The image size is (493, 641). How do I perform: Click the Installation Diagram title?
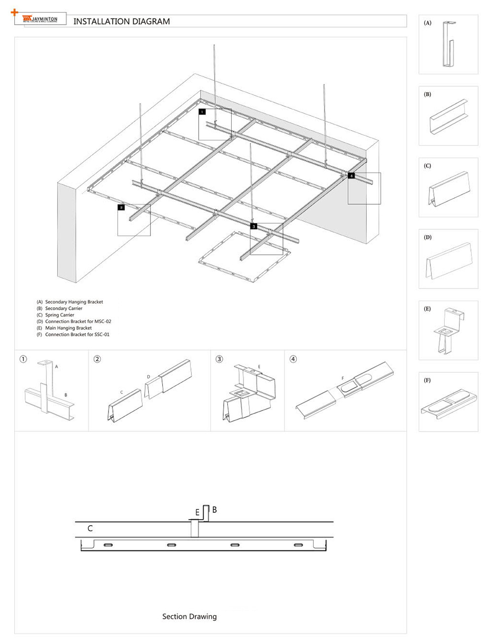121,22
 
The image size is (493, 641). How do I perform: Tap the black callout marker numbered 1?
202,112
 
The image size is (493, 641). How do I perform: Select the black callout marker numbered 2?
121,208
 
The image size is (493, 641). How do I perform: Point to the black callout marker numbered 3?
254,226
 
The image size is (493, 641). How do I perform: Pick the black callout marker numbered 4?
351,176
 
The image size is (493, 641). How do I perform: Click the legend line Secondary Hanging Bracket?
70,302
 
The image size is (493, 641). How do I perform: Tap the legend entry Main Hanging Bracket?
65,328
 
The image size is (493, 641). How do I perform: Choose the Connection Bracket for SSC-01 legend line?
73,334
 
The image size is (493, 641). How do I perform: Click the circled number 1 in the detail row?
23,359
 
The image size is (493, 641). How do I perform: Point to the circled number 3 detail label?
219,359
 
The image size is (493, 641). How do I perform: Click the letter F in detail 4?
343,379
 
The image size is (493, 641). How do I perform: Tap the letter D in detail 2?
148,377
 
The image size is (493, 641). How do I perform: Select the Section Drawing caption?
189,616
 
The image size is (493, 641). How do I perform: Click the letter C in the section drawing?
90,528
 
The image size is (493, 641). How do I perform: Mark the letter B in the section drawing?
214,510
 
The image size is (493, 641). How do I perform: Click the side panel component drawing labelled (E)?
449,331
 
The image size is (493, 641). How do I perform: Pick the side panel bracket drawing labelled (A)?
449,45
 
